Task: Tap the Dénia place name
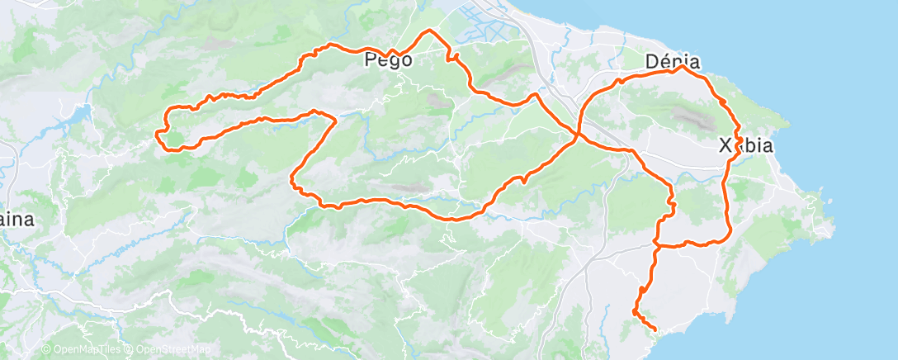673,62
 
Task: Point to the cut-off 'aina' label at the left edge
17,220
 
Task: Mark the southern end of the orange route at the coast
655,330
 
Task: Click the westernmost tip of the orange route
158,133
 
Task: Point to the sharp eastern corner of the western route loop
334,120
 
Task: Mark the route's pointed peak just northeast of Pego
428,31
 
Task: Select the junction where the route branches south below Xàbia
656,244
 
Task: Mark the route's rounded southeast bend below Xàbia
727,234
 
